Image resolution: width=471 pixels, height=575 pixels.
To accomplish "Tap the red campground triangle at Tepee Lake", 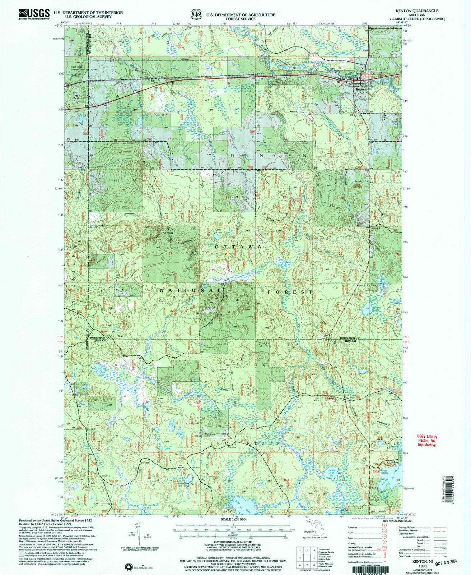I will [387, 465].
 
